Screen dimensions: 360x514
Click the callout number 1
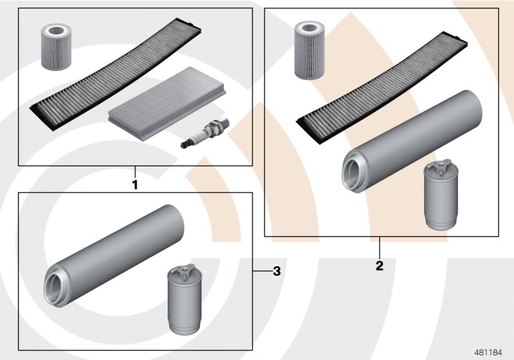click(x=135, y=184)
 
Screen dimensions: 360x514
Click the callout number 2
click(x=379, y=265)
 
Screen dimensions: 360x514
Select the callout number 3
click(x=277, y=272)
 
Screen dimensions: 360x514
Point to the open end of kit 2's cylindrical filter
click(x=352, y=170)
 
